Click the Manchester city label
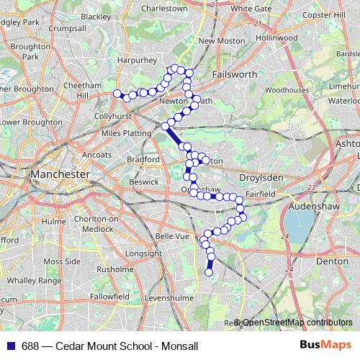tap(60, 174)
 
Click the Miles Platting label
tap(123, 133)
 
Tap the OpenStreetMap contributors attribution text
tap(297, 323)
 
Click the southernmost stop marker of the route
tap(210, 272)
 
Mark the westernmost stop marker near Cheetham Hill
tap(117, 92)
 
